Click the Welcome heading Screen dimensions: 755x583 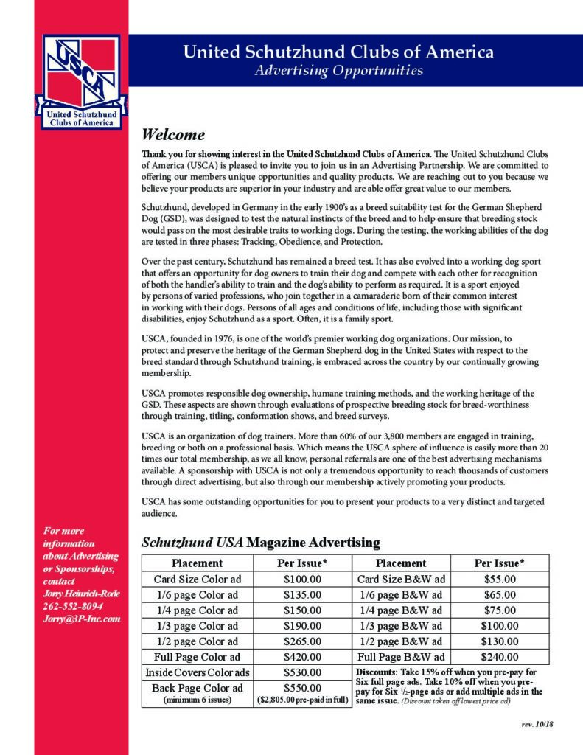coord(173,136)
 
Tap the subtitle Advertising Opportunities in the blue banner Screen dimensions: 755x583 coord(338,72)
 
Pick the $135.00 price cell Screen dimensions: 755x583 coord(302,594)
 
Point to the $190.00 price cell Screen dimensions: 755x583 coord(302,625)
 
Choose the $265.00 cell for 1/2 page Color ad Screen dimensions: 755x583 coord(302,641)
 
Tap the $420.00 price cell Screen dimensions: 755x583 coord(302,656)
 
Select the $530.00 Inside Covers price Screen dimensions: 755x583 coord(302,672)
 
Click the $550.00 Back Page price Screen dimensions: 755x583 coord(302,687)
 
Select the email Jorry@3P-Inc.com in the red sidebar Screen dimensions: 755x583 coord(81,619)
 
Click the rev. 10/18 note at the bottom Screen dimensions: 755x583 coord(537,725)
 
